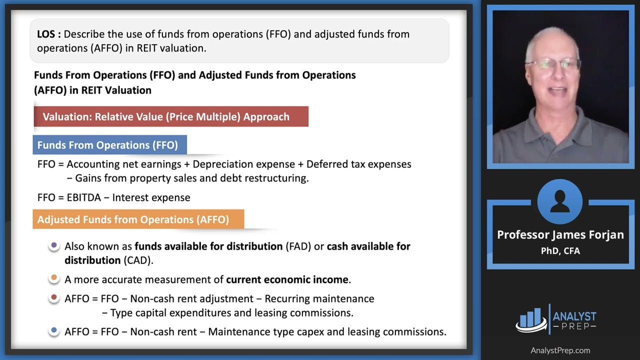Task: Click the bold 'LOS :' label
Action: [x=49, y=34]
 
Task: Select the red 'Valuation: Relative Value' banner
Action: [x=170, y=117]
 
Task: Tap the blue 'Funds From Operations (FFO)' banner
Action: [x=109, y=145]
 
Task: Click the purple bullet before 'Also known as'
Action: [x=54, y=246]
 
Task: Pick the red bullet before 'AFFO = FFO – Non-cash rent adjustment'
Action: [x=54, y=298]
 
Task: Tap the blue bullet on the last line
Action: [x=54, y=331]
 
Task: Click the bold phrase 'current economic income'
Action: [x=287, y=279]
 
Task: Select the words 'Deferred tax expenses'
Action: [x=358, y=164]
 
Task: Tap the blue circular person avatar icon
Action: [x=560, y=201]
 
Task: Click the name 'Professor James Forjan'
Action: [x=560, y=235]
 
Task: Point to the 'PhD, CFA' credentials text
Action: [x=560, y=251]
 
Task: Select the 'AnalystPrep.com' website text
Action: [x=560, y=350]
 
